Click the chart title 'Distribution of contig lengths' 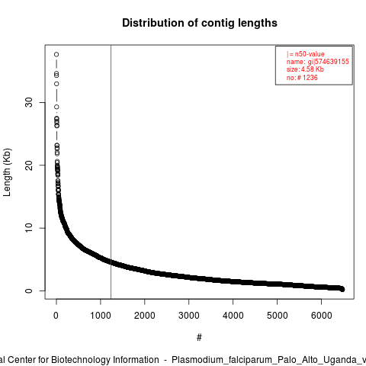pyautogui.click(x=200, y=23)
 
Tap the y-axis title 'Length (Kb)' pyautogui.click(x=7, y=172)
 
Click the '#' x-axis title pyautogui.click(x=199, y=338)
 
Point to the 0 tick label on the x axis pyautogui.click(x=56, y=316)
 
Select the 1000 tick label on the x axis pyautogui.click(x=101, y=316)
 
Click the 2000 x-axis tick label pyautogui.click(x=145, y=316)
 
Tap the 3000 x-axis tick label pyautogui.click(x=189, y=316)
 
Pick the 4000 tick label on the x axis pyautogui.click(x=233, y=316)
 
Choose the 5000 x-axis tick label pyautogui.click(x=278, y=316)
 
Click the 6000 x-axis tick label pyautogui.click(x=322, y=316)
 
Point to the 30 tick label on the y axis pyautogui.click(x=29, y=102)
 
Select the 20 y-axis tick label pyautogui.click(x=29, y=165)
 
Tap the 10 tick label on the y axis pyautogui.click(x=29, y=228)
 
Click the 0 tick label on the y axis pyautogui.click(x=29, y=291)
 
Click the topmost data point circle pyautogui.click(x=56, y=54)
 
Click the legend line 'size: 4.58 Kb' pyautogui.click(x=305, y=69)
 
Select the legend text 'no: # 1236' pyautogui.click(x=302, y=78)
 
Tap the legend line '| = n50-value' pyautogui.click(x=306, y=54)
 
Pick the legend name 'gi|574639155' pyautogui.click(x=329, y=62)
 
